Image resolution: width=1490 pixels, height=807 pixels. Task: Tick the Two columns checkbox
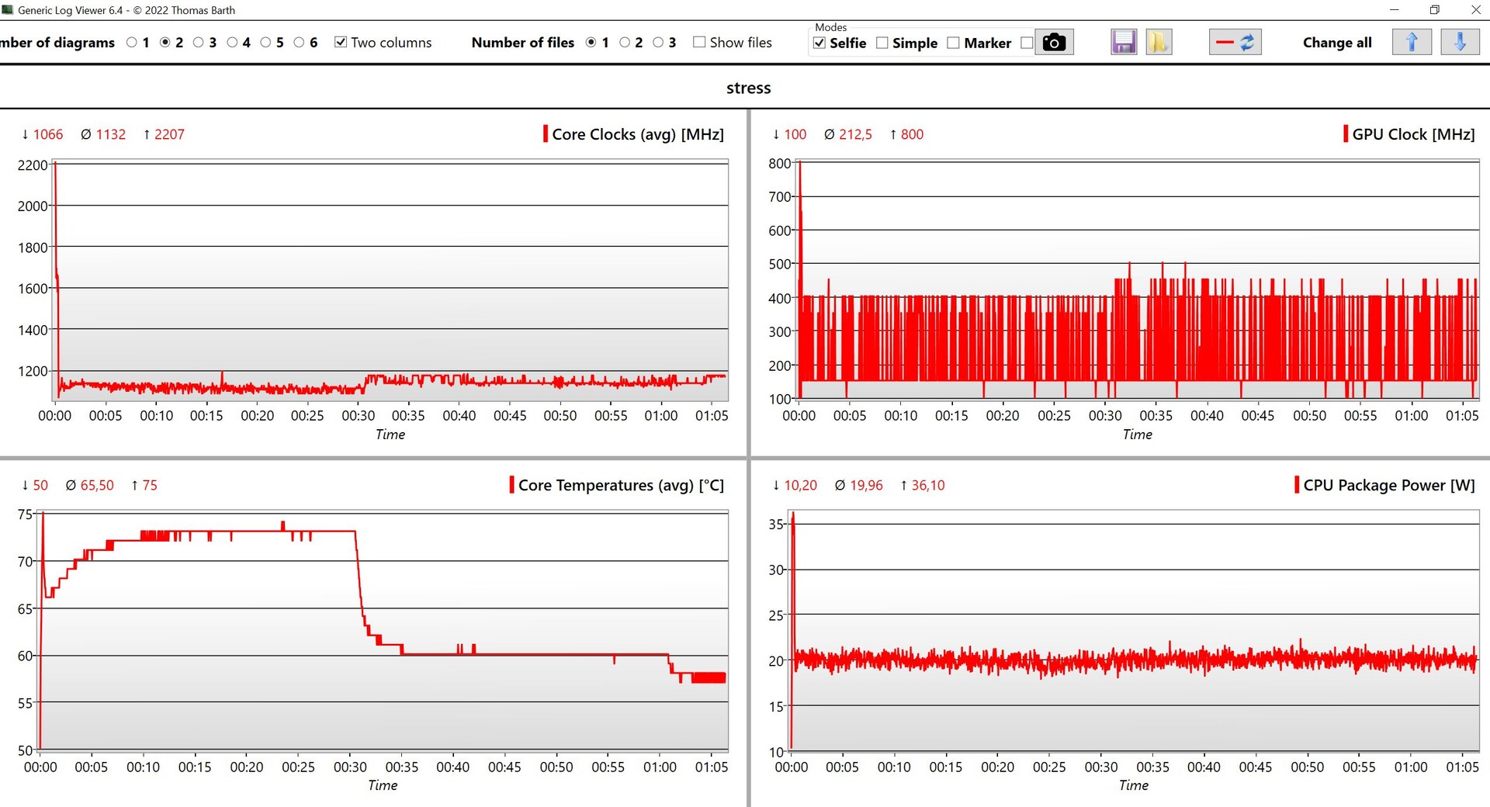341,42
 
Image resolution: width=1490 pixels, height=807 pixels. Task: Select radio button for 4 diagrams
232,42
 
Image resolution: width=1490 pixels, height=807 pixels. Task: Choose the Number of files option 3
658,42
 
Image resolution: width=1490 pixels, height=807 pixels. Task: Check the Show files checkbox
699,42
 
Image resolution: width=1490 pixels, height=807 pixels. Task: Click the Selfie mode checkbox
819,43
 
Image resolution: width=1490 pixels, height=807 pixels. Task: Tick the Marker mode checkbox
954,43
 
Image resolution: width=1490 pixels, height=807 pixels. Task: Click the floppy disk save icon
1123,42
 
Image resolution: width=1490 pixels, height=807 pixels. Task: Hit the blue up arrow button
1412,42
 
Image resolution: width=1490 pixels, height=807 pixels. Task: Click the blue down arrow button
1460,42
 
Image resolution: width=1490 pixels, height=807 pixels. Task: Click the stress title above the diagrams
748,88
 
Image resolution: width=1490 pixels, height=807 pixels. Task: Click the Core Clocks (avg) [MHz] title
637,134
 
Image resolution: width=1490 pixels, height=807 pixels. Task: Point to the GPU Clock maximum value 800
911,134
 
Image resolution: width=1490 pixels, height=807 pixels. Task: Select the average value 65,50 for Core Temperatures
96,485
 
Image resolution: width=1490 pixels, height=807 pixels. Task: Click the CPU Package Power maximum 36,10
927,485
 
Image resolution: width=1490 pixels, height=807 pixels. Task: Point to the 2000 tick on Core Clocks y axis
33,206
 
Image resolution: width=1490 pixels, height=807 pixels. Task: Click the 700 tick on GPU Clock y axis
779,197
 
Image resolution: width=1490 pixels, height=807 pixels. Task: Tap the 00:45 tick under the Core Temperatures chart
504,767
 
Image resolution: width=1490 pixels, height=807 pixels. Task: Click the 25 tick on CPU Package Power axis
776,615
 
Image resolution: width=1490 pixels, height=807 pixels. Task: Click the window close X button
1475,10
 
